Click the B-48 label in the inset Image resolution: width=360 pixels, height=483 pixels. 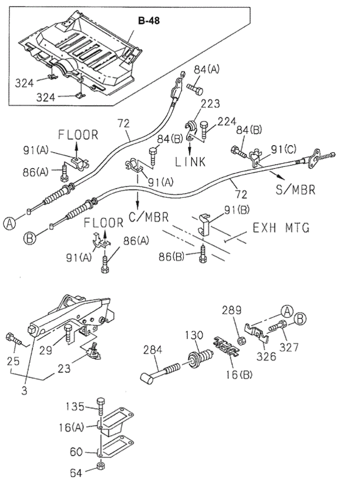[x=149, y=21]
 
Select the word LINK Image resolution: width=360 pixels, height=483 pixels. [x=191, y=162]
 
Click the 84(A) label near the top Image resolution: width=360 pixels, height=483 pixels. [x=207, y=69]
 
